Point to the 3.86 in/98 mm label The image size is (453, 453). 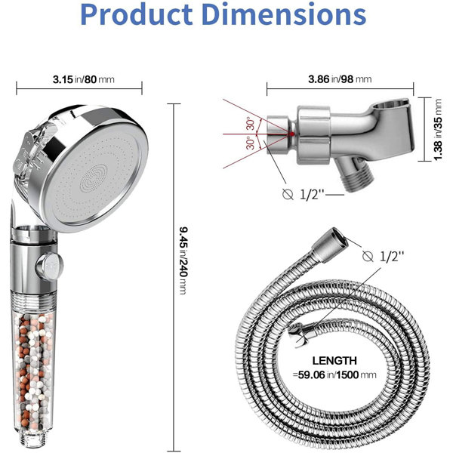pyautogui.click(x=340, y=79)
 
